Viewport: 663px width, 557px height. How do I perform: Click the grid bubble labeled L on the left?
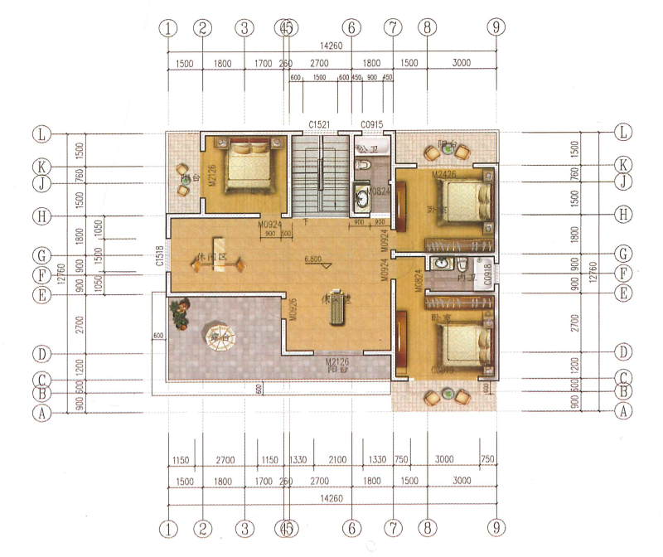[x=39, y=133]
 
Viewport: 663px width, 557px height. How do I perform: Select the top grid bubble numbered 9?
[x=496, y=27]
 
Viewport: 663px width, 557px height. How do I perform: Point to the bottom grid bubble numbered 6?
[x=351, y=527]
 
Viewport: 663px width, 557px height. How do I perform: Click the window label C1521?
[x=320, y=124]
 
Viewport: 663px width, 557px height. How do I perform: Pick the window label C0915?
[x=372, y=124]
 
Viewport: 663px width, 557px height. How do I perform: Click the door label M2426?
[x=445, y=175]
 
